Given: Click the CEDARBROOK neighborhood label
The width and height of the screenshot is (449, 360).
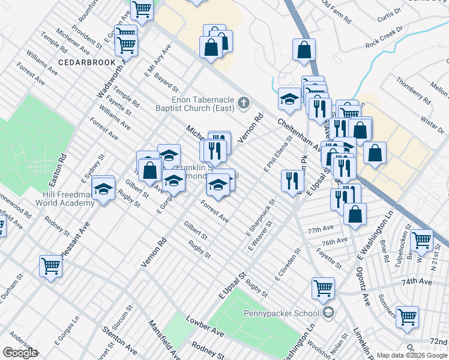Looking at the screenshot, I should (82, 62).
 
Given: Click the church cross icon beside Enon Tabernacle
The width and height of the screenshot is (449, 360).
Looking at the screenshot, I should (244, 103).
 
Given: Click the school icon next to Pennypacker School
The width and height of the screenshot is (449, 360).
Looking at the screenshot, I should (328, 312).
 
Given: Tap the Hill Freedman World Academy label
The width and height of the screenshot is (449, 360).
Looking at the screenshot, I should (68, 199).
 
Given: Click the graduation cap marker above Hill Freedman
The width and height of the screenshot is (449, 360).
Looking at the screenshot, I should (104, 190).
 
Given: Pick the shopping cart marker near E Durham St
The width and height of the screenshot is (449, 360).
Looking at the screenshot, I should (50, 265).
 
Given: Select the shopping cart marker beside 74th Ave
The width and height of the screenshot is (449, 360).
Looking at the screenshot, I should (407, 316).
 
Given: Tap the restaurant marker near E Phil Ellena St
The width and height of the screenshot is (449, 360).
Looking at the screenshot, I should (292, 179).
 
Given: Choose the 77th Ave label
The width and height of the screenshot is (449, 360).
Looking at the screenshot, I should (320, 230).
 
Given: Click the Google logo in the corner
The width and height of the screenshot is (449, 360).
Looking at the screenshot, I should (20, 353).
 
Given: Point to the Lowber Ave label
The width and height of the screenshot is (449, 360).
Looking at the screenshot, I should (205, 325).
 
